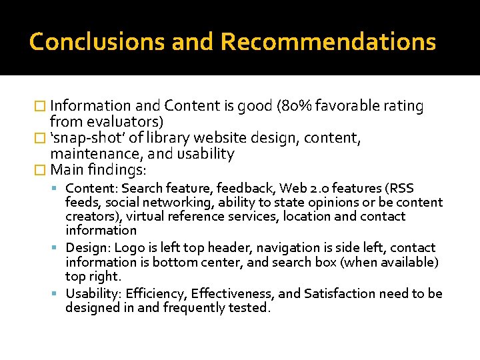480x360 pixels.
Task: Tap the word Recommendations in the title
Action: tap(328, 42)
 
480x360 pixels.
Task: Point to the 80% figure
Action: tap(294, 105)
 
